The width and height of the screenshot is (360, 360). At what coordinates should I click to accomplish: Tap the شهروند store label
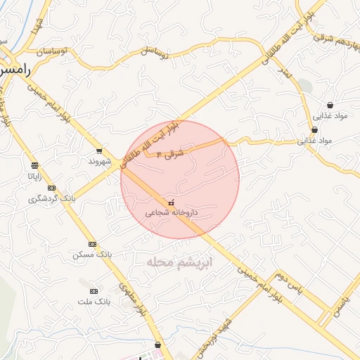pyautogui.click(x=100, y=161)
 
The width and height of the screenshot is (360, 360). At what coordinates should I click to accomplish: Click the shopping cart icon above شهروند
pyautogui.click(x=99, y=150)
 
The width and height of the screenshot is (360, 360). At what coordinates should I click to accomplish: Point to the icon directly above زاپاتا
pyautogui.click(x=34, y=166)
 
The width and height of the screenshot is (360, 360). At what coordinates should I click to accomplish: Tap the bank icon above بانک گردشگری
pyautogui.click(x=51, y=188)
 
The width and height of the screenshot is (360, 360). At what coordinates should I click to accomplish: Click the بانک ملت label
pyautogui.click(x=94, y=302)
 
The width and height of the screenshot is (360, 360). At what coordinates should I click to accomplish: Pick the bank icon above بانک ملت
pyautogui.click(x=94, y=291)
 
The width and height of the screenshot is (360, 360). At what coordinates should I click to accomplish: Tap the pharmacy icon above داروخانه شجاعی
pyautogui.click(x=172, y=202)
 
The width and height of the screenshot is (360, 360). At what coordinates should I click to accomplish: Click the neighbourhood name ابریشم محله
pyautogui.click(x=179, y=262)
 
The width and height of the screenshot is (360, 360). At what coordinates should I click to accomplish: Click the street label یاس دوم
pyautogui.click(x=288, y=283)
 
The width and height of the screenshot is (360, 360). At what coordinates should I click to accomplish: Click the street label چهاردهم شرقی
pyautogui.click(x=330, y=29)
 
